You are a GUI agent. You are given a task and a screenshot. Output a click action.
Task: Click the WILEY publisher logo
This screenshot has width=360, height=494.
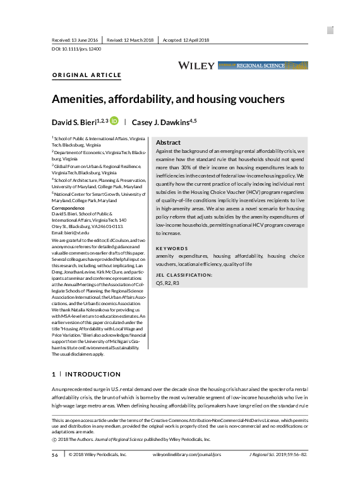point(196,65)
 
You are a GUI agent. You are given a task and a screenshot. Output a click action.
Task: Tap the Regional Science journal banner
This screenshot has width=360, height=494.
point(263,65)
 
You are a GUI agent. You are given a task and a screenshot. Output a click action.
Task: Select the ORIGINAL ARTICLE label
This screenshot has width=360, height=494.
point(87,75)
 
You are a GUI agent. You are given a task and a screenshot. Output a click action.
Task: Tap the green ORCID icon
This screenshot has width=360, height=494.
point(114,120)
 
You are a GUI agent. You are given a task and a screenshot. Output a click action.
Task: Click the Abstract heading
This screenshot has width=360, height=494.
point(168,143)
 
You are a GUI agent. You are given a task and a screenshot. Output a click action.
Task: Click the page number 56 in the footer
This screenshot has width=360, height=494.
point(55,454)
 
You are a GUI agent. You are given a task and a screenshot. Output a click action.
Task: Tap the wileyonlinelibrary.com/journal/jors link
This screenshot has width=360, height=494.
point(187,454)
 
